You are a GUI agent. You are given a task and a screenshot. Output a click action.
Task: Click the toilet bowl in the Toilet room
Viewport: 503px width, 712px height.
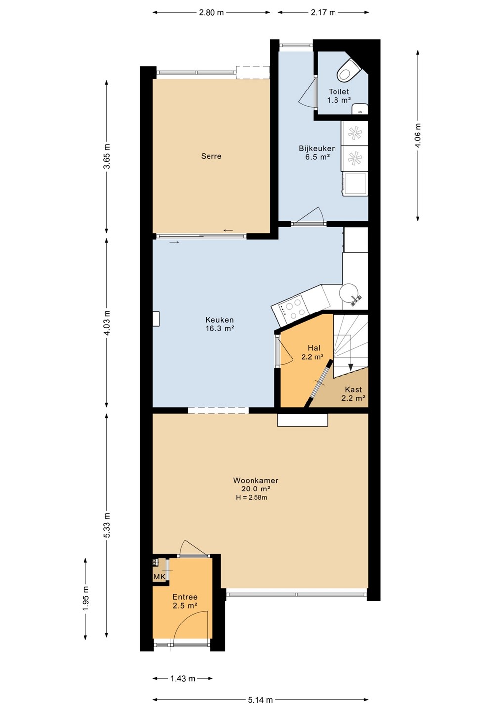coord(348,70)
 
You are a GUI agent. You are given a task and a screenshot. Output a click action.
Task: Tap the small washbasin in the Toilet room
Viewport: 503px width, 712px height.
coord(360,109)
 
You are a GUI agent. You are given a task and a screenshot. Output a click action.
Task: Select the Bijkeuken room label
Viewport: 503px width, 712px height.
coord(317,152)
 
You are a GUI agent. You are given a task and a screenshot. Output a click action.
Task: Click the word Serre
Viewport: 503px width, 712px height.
coord(211,156)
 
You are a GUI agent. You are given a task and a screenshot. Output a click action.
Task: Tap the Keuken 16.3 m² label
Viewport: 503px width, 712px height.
coord(219,324)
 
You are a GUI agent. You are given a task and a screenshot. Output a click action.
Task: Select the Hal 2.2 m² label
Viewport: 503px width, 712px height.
coord(312,352)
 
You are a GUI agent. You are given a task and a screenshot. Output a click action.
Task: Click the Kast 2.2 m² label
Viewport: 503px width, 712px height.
coord(353,394)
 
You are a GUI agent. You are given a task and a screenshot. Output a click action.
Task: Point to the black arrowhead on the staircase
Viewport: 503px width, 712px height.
coord(350,367)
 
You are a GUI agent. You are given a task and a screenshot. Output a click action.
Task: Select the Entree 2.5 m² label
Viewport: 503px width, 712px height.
coord(185,601)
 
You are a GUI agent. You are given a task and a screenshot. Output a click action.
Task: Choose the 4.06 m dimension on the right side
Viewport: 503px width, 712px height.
coord(418,135)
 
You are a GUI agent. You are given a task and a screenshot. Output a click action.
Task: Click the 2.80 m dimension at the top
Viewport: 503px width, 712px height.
coord(211,13)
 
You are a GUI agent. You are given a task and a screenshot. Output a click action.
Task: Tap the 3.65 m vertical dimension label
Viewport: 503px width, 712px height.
coord(107,157)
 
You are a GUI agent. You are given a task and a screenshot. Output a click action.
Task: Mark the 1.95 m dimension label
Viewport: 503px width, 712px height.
coord(86,598)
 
